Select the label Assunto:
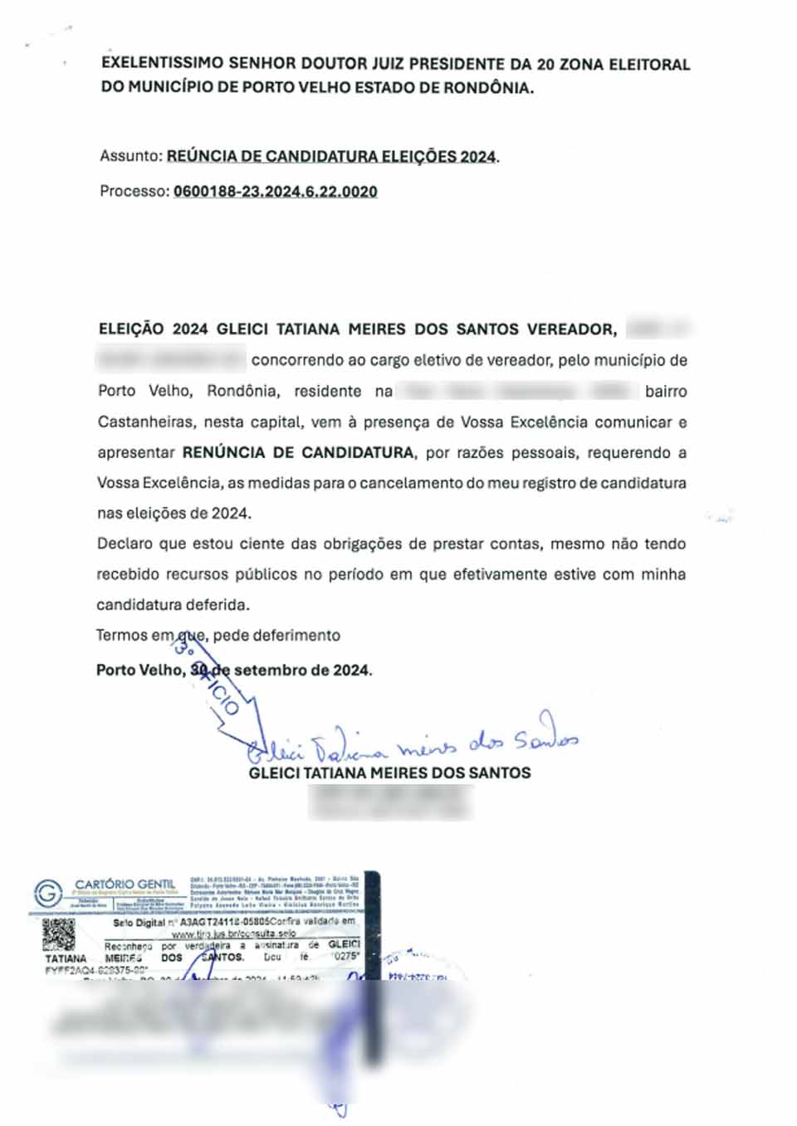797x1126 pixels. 130,156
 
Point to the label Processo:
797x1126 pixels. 134,192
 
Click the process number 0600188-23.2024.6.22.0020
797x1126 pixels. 275,192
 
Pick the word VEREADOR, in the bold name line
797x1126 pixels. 572,329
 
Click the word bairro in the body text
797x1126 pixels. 665,392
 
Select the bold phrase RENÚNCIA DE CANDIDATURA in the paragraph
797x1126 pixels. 298,453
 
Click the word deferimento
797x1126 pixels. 296,636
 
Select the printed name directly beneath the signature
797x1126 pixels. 389,773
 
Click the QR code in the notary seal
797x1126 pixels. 59,934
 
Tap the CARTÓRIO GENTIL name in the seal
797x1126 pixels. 125,885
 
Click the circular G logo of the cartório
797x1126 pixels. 48,894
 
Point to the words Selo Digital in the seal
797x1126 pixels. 139,923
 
